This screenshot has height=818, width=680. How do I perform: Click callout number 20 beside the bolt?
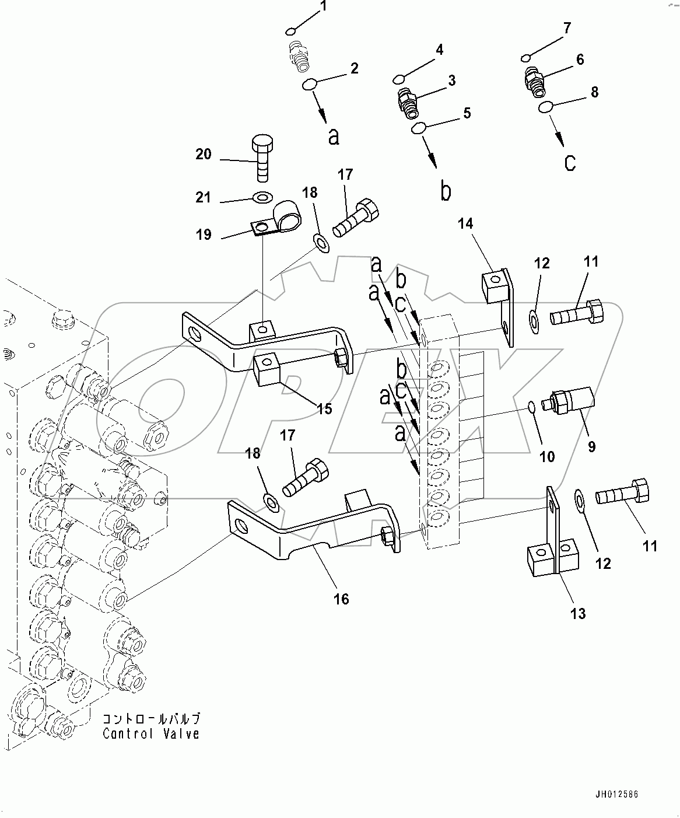pos(204,155)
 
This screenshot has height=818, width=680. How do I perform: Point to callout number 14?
pos(465,223)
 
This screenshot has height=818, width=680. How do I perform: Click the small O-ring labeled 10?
pos(530,406)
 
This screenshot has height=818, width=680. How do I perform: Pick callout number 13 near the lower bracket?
pos(578,614)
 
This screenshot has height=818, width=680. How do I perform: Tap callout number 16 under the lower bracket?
pos(341,599)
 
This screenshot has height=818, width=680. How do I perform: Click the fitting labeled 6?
pos(534,79)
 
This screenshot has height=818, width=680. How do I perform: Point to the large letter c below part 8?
pos(570,162)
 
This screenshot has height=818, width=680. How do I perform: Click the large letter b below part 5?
pos(446,191)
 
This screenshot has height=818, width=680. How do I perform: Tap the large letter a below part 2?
pos(334,136)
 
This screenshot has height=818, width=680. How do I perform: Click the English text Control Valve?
pos(151,734)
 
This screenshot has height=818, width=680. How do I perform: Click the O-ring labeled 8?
pos(546,107)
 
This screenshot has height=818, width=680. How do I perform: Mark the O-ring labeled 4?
pos(399,79)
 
